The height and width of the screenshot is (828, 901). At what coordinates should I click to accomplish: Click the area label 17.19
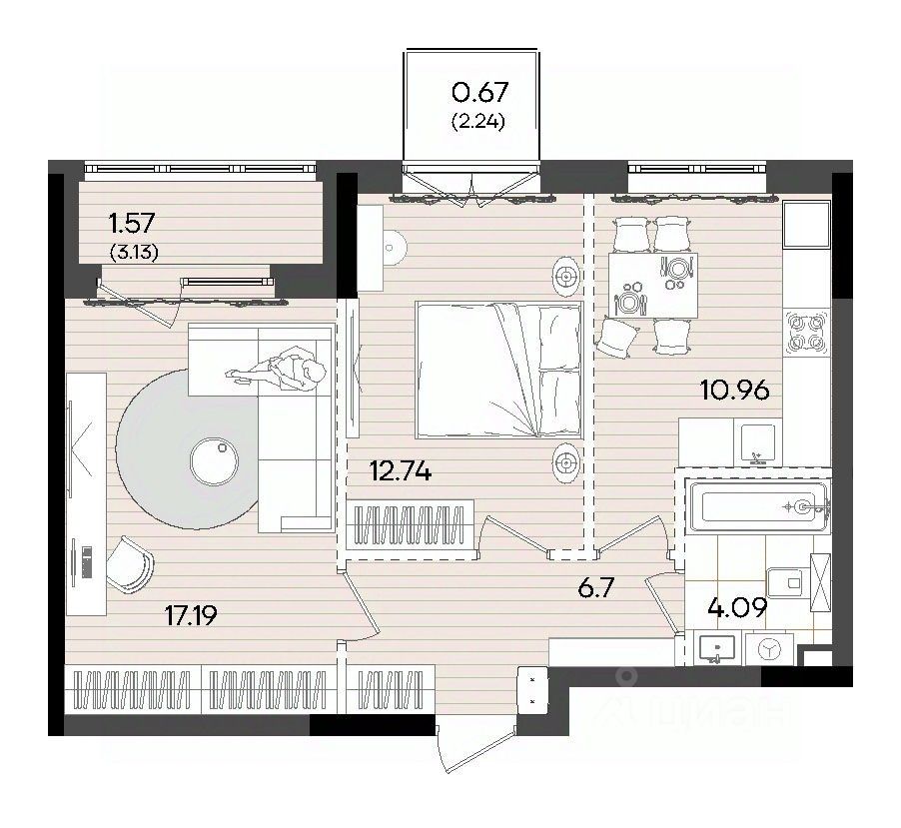191,615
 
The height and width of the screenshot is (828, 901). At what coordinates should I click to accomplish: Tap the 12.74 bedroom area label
402,471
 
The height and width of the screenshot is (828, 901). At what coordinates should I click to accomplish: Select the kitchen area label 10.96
735,391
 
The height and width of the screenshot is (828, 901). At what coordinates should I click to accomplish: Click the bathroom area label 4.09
737,607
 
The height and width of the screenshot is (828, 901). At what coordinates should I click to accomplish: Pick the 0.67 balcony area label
480,92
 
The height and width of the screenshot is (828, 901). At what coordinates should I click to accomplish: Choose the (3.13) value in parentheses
134,253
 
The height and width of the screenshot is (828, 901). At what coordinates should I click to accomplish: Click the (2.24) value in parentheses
478,122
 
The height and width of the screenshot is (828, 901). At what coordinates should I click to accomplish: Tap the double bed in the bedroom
499,370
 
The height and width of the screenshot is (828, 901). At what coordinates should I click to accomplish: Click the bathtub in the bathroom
758,506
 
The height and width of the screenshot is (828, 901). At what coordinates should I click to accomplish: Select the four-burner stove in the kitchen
807,333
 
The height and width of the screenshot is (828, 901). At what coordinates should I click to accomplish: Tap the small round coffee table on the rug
214,460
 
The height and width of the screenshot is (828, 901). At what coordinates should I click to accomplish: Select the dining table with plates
653,286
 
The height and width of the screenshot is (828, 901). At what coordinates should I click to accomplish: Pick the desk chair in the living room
130,564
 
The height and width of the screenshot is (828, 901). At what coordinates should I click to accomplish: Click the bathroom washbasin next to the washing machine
716,648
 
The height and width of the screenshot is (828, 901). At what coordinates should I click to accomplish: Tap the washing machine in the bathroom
769,649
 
